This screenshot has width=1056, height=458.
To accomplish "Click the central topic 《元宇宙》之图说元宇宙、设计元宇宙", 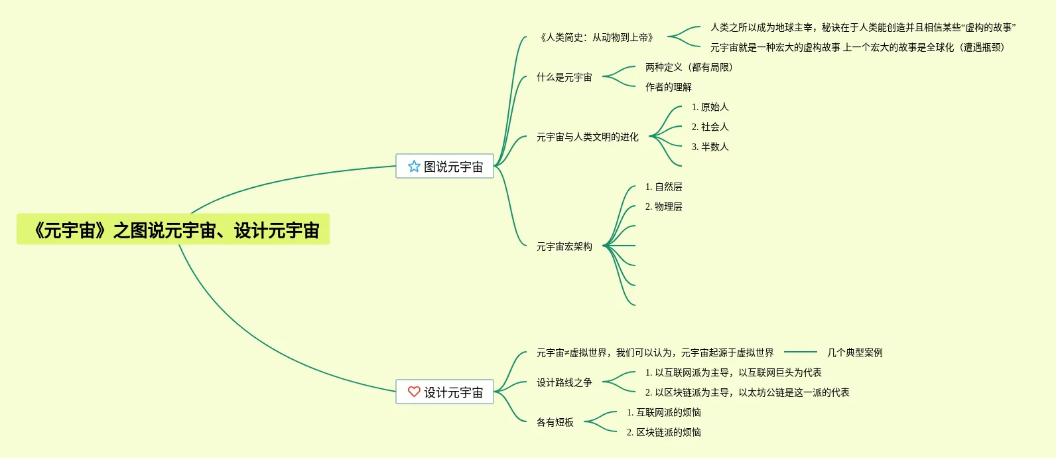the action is pos(173,230).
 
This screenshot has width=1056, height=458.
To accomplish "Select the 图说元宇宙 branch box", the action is pos(444,166).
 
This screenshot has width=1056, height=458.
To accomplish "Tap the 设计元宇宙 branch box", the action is pos(444,392).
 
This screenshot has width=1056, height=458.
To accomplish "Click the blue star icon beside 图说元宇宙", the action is pos(414,166).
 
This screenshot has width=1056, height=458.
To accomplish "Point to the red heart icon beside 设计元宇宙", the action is pos(414,392).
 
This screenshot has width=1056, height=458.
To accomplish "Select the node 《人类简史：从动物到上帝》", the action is pos(597,37).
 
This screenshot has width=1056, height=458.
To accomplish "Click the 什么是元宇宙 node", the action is pos(564,77).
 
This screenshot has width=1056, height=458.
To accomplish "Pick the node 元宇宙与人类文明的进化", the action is pos(588,137).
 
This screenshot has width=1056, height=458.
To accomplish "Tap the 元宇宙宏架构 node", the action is pos(564,246).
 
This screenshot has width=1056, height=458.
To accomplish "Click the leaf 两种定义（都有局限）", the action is pos(689,67).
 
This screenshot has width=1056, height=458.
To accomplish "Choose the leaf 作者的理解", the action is pos(669,87).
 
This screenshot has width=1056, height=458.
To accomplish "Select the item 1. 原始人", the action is pos(710,107).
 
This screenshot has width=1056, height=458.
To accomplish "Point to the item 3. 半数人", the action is pos(710,147).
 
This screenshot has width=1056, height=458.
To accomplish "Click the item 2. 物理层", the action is pos(663,206).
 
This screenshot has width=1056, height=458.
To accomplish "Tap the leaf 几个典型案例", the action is pos(854,352).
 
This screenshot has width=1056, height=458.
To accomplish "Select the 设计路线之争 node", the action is pos(564,382).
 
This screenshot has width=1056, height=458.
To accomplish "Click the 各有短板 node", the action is pos(555,422).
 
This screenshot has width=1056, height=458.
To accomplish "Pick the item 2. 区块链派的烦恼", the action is pos(663,432).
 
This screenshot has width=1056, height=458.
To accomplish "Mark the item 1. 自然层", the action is pos(663,187).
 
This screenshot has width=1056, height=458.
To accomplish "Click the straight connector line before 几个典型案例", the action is pos(800,352).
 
